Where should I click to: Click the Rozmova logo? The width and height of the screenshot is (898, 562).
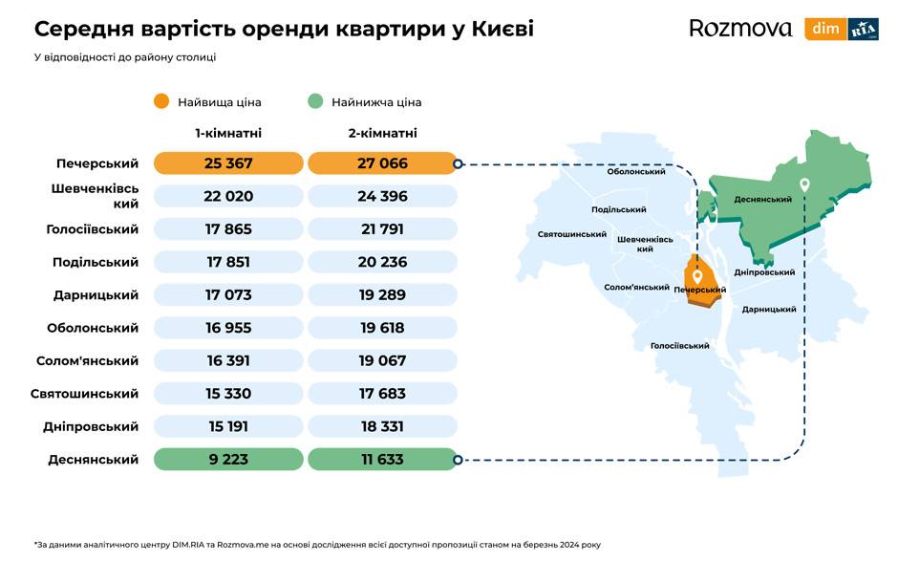740,29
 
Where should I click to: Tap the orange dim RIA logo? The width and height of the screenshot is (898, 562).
841,29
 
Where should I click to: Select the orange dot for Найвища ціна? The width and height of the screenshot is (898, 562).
161,101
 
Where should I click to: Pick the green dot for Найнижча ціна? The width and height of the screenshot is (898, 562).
315,101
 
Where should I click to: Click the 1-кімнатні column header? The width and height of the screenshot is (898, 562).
228,133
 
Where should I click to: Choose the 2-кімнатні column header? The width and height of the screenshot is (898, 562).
382,133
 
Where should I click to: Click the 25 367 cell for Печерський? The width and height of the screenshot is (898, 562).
228,163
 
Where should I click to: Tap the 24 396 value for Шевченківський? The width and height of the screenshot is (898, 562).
382,196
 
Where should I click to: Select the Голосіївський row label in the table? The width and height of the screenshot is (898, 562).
93,229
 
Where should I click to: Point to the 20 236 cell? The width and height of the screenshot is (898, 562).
382,262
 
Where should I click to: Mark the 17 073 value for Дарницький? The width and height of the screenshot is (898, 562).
228,295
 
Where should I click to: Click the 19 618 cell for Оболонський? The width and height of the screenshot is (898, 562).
382,328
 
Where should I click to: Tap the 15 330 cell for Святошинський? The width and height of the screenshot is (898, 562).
228,394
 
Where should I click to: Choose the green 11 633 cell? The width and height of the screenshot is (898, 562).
382,460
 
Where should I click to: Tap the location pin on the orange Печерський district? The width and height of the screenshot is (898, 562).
697,276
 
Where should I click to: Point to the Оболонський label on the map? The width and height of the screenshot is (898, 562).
636,172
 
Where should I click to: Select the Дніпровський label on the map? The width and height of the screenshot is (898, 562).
764,272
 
